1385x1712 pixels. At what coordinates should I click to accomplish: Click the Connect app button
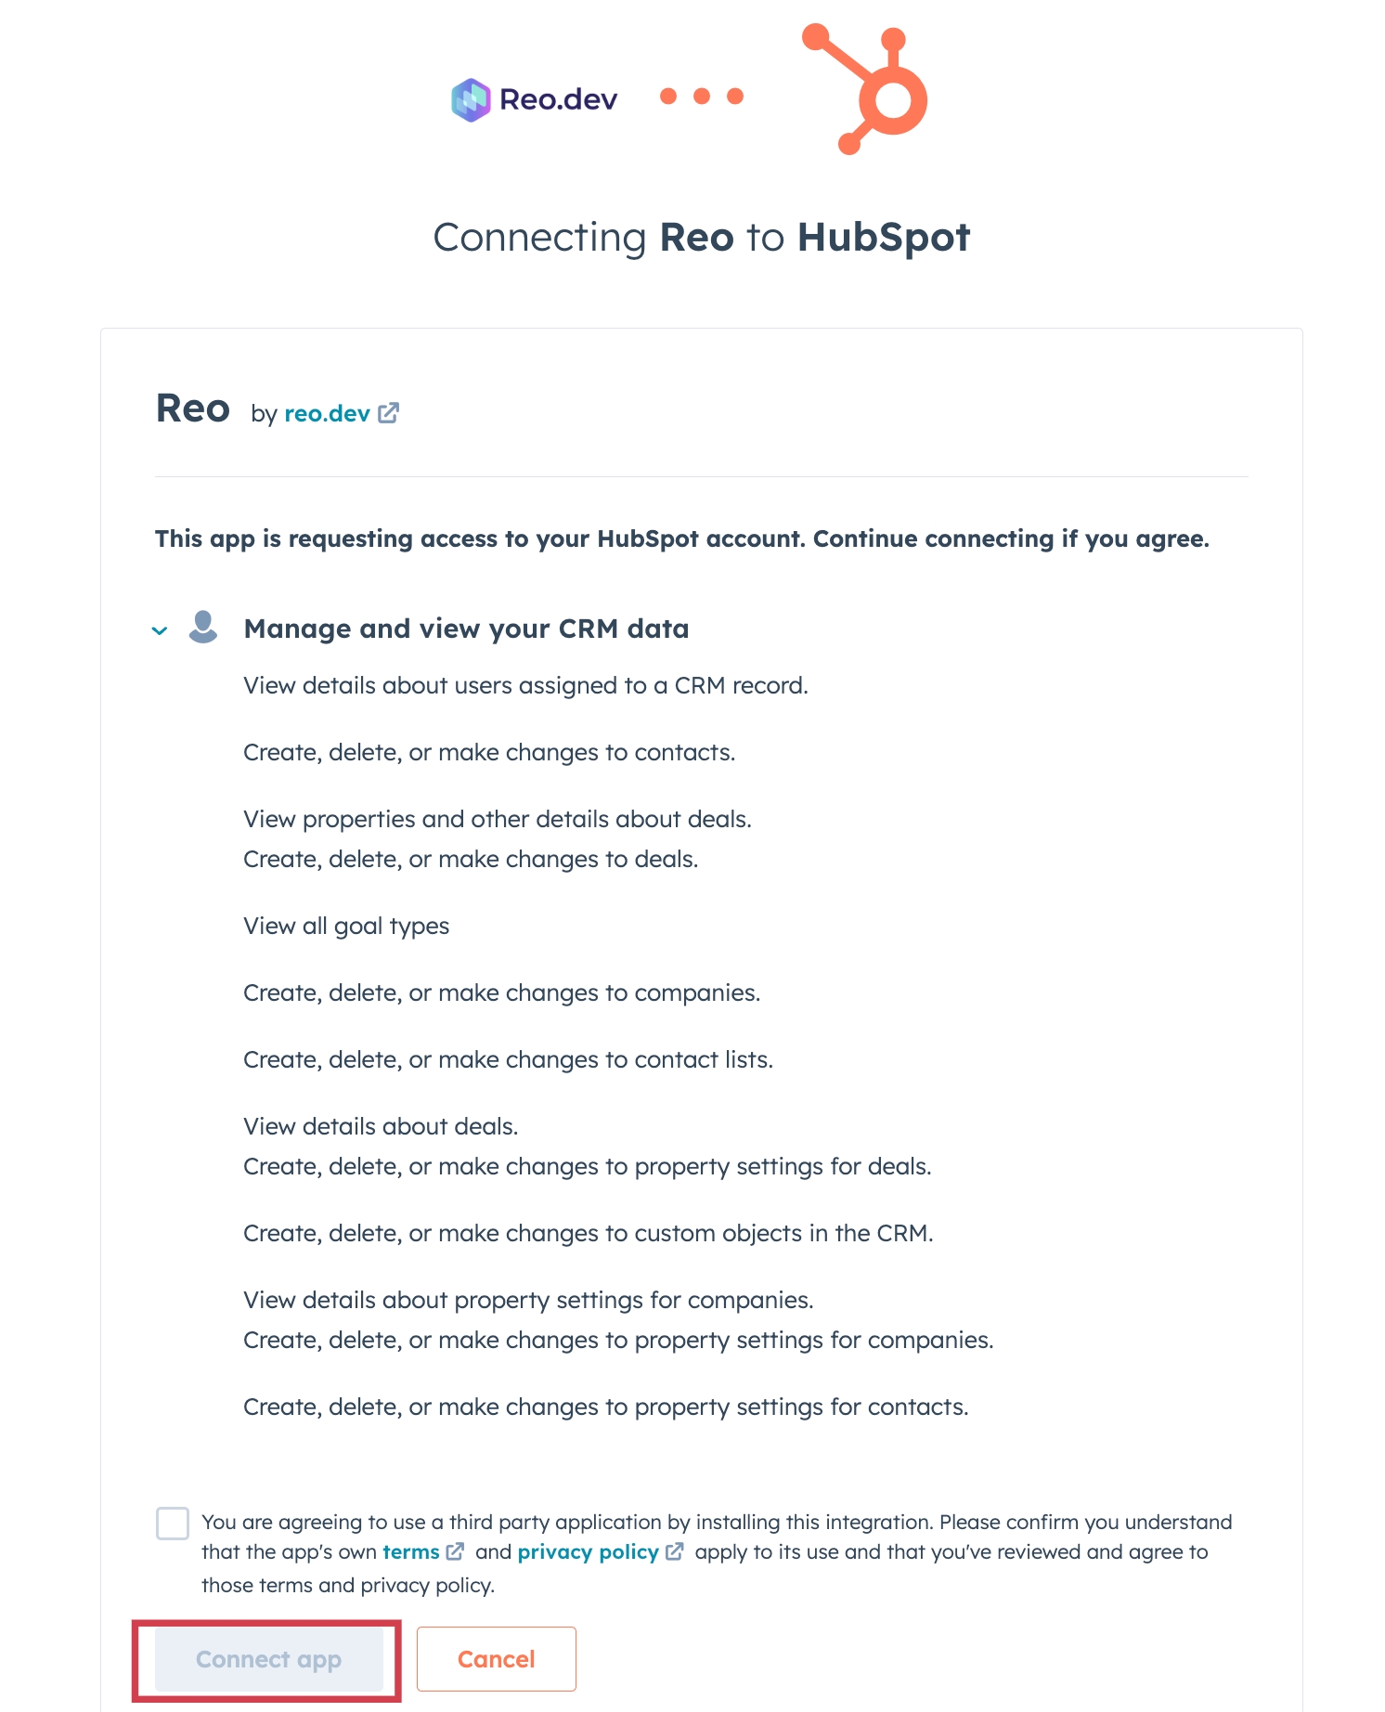click(268, 1659)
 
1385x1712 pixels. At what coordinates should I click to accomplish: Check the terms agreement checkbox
click(173, 1524)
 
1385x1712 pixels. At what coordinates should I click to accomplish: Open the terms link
click(411, 1552)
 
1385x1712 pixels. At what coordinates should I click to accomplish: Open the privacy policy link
click(588, 1552)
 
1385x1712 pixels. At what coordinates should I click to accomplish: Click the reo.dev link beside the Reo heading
click(327, 413)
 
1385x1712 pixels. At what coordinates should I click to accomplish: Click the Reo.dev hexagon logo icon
click(471, 99)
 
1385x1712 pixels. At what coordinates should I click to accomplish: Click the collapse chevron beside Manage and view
click(160, 630)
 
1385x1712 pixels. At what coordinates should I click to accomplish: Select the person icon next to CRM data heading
click(203, 627)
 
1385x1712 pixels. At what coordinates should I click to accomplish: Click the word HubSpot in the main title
click(883, 238)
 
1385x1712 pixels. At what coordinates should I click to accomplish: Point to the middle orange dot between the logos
click(702, 97)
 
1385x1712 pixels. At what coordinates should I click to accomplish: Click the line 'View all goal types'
click(346, 926)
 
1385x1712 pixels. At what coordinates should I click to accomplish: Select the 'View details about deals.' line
click(381, 1126)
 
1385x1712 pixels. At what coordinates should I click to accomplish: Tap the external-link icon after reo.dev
click(389, 413)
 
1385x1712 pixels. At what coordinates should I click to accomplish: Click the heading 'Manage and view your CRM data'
click(466, 629)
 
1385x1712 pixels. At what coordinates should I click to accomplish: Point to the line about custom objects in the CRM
click(588, 1233)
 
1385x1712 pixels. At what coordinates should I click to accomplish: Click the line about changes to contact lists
click(508, 1059)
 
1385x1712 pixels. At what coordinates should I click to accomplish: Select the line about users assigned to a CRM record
click(525, 685)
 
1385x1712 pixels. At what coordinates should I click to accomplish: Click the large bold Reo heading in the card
click(193, 409)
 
